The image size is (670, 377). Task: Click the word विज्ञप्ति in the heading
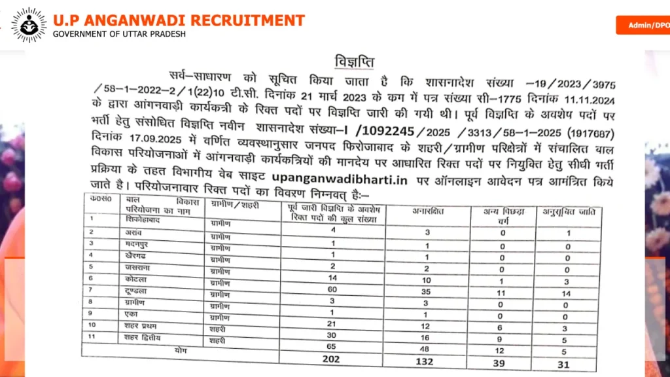pos(354,63)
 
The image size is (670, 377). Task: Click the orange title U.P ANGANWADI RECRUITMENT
pos(179,20)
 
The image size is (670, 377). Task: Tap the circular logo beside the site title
pos(27,26)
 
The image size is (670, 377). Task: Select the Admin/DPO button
pos(644,26)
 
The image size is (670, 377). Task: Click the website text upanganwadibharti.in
pos(345,178)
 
